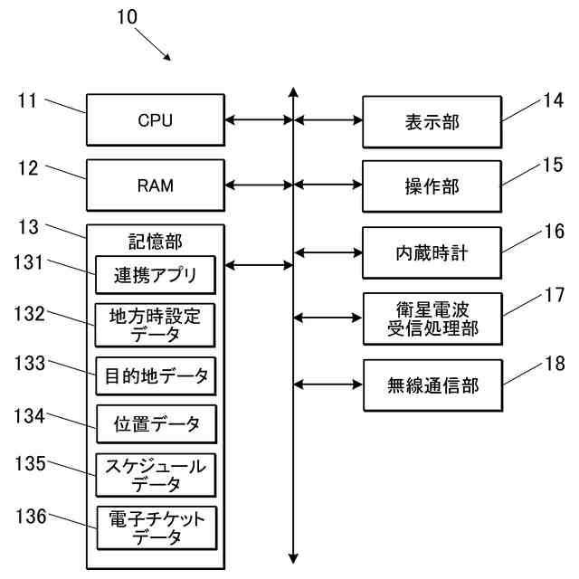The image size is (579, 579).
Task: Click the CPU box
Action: [x=155, y=119]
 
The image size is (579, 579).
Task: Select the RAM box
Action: [x=155, y=185]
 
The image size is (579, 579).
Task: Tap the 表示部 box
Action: [x=432, y=120]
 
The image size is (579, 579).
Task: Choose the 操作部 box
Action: [x=432, y=185]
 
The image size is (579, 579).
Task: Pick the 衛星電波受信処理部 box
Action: [x=432, y=318]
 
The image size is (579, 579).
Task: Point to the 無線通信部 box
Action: [x=432, y=385]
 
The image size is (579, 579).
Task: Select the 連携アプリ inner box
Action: [x=156, y=274]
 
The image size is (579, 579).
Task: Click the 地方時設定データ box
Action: [x=156, y=325]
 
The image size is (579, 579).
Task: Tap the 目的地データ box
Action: [x=156, y=375]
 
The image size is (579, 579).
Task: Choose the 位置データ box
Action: [x=156, y=424]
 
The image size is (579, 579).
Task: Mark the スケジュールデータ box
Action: [x=156, y=475]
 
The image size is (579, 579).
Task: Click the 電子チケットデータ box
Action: [x=156, y=527]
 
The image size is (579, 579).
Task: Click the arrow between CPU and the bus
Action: [x=258, y=119]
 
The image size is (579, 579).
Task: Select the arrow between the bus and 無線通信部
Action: [x=327, y=385]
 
